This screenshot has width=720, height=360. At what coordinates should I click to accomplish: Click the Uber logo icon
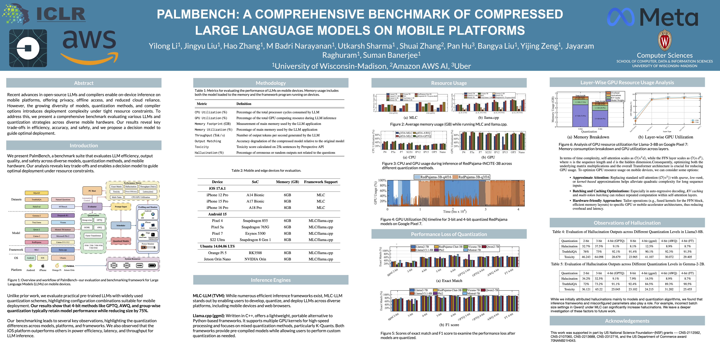pyautogui.click(x=28, y=48)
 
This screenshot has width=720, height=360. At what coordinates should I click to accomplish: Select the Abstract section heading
pyautogui.click(x=84, y=83)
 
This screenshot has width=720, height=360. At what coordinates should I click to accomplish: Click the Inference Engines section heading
pyautogui.click(x=271, y=280)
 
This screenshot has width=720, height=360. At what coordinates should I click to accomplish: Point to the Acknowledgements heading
pyautogui.click(x=627, y=321)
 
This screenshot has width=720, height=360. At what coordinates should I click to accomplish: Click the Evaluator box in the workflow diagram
pyautogui.click(x=92, y=207)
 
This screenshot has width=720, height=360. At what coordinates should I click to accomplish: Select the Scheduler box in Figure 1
pyautogui.click(x=121, y=225)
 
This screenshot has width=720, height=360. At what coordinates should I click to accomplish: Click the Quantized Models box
pyautogui.click(x=121, y=241)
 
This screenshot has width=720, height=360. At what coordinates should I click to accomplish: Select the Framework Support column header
pyautogui.click(x=321, y=182)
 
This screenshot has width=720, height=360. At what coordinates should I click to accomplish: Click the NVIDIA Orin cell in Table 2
pyautogui.click(x=255, y=259)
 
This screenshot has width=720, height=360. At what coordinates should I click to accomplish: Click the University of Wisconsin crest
pyautogui.click(x=665, y=40)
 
